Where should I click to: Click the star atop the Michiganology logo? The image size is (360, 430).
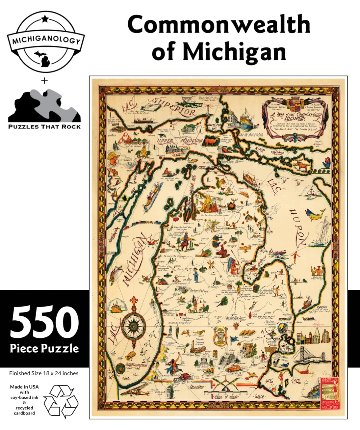45,19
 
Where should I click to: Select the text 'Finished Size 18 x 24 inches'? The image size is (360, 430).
44,373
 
